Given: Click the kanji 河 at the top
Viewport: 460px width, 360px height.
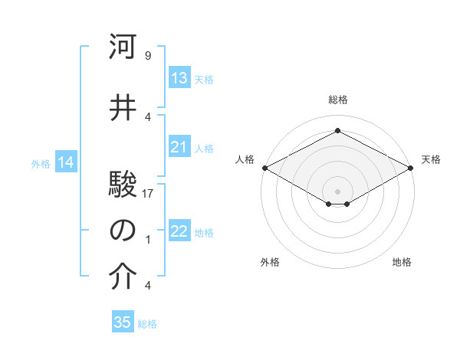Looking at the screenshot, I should point(123,47).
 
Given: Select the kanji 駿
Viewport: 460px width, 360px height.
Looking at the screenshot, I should point(123,183).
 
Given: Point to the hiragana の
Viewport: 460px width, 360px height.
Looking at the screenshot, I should point(123,231).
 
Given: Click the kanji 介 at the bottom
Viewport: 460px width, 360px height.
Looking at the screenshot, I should point(123,277).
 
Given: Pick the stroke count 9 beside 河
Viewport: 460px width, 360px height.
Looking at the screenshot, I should point(147,57).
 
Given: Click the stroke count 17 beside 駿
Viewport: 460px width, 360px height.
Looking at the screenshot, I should point(149,193).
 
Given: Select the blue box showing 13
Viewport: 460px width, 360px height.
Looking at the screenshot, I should point(179,78).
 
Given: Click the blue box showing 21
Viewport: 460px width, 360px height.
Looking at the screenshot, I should point(179,147).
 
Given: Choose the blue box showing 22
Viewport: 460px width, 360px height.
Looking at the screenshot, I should point(179,232).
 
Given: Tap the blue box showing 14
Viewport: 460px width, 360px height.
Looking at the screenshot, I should point(66,162).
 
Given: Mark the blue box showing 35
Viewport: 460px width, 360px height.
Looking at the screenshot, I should point(123,322).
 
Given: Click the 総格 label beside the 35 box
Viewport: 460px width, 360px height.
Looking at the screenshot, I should point(147,324).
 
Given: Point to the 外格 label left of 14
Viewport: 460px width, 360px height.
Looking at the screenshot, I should point(41,164).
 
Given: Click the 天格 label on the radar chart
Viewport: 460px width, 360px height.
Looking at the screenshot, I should point(431,159).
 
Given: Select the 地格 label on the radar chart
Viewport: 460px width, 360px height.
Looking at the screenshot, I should point(402,262).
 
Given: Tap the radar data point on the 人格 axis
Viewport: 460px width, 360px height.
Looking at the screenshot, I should point(264,168).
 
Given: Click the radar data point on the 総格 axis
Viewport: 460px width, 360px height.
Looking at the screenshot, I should point(337,132).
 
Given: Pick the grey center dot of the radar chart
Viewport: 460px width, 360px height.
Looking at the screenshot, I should point(337,190).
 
